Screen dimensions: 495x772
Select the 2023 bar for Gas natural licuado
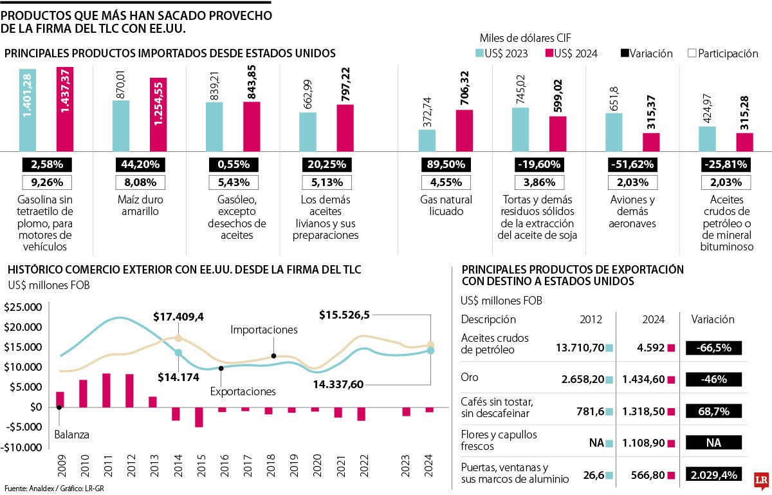[427, 139]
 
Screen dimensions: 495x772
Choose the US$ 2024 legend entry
[571, 53]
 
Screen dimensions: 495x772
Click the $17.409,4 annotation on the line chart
[178, 317]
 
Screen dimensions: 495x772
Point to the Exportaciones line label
[243, 391]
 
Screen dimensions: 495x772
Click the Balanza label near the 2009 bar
[71, 434]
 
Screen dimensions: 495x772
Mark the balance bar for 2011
[106, 390]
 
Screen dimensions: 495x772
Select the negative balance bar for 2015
[199, 417]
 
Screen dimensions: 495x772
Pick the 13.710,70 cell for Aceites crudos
[580, 348]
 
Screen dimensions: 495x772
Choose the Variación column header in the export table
[712, 319]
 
